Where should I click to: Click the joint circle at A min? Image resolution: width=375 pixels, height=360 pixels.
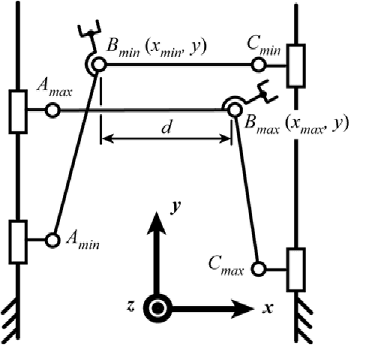click(x=52, y=239)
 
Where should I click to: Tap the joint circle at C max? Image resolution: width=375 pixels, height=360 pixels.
click(x=259, y=267)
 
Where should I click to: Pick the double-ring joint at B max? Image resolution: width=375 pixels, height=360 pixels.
click(x=231, y=108)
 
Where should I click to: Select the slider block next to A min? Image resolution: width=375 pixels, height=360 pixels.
click(x=17, y=239)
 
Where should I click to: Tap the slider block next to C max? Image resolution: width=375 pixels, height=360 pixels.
click(x=295, y=267)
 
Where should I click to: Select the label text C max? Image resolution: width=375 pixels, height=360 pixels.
click(x=229, y=262)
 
